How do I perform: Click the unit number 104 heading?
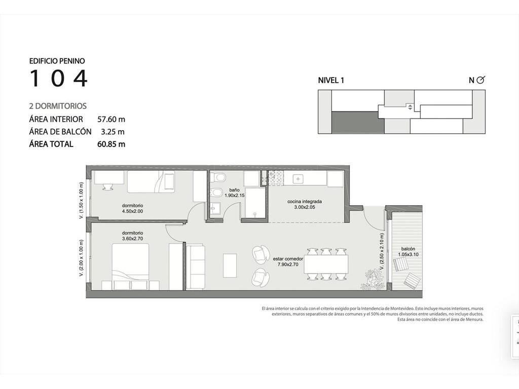[x=59, y=78]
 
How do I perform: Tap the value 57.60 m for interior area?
[x=111, y=119]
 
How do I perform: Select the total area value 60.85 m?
[x=111, y=144]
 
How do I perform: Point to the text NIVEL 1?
[x=331, y=80]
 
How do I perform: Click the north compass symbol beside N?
[x=480, y=80]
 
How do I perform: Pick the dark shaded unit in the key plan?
[x=358, y=123]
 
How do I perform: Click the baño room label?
[x=234, y=190]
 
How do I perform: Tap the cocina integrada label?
[x=305, y=202]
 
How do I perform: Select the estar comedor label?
[x=288, y=259]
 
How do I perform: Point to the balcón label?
[x=408, y=249]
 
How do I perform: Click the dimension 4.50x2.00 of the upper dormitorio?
[x=132, y=211]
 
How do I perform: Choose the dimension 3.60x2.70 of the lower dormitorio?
[x=132, y=239]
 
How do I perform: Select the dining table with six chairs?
[x=326, y=264]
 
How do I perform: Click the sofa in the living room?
[x=195, y=267]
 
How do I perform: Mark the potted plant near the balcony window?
[x=373, y=280]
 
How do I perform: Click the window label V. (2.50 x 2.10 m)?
[x=382, y=253]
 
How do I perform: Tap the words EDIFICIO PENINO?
[x=57, y=61]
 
